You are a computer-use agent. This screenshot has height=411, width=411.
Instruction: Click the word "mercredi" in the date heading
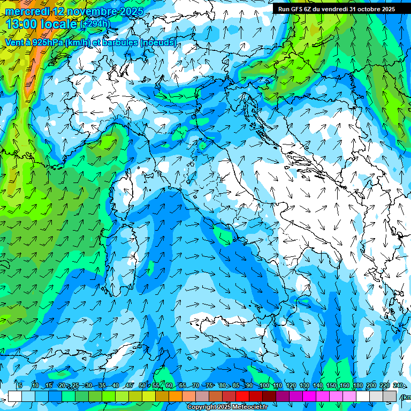(27, 11)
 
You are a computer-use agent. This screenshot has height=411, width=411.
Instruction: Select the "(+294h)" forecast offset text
(95, 24)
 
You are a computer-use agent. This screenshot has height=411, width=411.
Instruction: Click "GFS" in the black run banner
(297, 9)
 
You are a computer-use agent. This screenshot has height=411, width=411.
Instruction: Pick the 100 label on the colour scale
(264, 386)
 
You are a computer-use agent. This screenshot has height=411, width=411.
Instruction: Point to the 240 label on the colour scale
(398, 386)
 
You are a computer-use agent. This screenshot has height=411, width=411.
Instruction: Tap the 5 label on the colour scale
(20, 386)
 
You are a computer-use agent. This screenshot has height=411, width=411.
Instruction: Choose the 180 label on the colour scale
(357, 386)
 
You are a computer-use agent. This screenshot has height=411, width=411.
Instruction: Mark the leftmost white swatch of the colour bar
(15, 396)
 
